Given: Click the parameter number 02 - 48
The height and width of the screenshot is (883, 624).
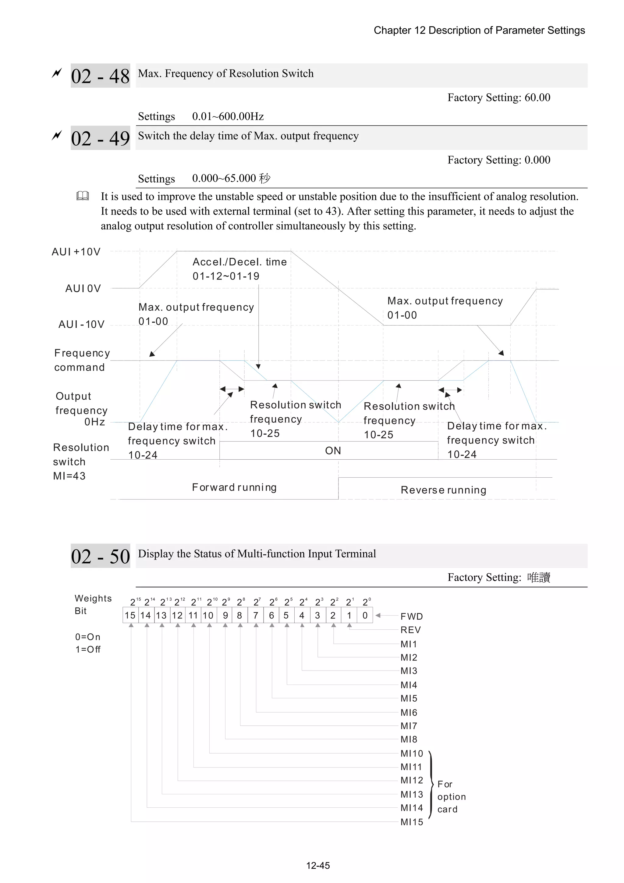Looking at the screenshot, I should (x=100, y=76).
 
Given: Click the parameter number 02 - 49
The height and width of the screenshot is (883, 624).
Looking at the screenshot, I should (x=100, y=138).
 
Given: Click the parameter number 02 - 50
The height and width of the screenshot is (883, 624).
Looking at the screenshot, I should (x=100, y=556).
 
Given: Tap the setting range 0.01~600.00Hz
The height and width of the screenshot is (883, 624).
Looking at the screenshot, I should (x=228, y=116).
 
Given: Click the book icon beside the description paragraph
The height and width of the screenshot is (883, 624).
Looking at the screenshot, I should (x=83, y=196).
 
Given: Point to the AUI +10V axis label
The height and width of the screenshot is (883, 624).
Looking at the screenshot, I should (x=76, y=252).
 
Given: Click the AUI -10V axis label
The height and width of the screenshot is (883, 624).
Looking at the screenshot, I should (x=81, y=325).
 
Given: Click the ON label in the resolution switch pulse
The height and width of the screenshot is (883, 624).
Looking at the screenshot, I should (x=333, y=450).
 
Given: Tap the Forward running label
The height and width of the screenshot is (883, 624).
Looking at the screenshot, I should (x=234, y=487).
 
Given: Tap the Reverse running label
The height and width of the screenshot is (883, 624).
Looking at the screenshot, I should (x=443, y=490).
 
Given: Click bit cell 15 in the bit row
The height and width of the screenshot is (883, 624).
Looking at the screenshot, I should (x=130, y=615).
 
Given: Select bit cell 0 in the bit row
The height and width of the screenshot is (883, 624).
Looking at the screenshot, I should (x=365, y=615).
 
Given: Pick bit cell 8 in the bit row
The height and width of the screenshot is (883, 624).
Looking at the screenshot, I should (x=239, y=615).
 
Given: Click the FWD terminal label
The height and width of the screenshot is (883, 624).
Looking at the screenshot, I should (x=411, y=617).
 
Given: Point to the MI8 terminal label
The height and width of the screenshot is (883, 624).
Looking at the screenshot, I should (x=409, y=739).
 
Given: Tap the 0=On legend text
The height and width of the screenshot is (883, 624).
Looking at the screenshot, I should (x=88, y=637).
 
